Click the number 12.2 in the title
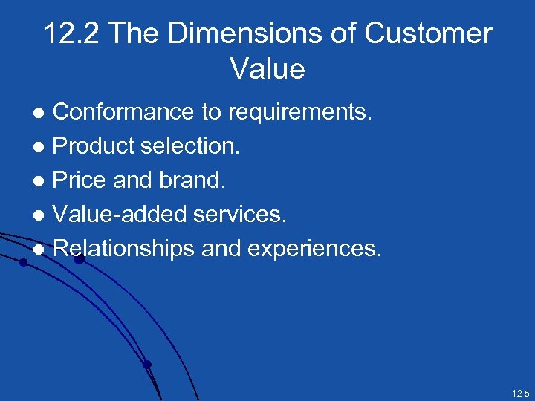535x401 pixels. tap(70, 34)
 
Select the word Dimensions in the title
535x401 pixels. tap(249, 34)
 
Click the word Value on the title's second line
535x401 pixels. tap(267, 69)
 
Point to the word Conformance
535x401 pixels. tap(124, 112)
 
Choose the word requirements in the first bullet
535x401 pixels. tap(299, 112)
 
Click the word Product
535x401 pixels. tap(93, 146)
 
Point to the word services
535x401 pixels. tap(239, 215)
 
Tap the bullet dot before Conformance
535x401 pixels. tap(43, 113)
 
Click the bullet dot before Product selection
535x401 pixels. tap(43, 147)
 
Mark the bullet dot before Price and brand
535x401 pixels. tap(43, 181)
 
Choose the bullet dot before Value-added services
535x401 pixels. tap(43, 215)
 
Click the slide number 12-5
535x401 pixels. tap(519, 392)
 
